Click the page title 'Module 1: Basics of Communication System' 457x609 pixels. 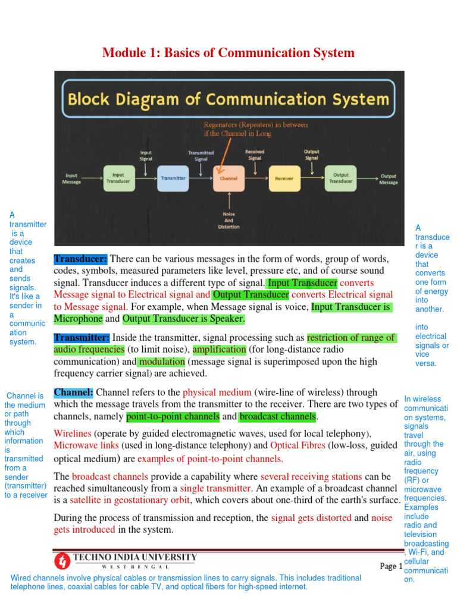tap(228, 53)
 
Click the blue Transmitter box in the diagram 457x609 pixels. tap(173, 178)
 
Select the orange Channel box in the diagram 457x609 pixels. tap(228, 178)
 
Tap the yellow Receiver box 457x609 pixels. tap(284, 178)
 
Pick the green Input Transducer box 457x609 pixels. tap(118, 178)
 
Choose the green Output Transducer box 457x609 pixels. tap(340, 178)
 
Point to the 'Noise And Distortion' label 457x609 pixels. tap(228, 220)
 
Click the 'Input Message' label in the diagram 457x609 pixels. tap(71, 178)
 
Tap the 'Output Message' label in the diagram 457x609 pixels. tap(388, 178)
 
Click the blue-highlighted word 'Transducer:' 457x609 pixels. tap(81, 259)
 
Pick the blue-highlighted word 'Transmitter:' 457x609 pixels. tap(82, 338)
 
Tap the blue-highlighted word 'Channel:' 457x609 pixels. tap(74, 393)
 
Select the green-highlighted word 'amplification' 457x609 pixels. tap(219, 350)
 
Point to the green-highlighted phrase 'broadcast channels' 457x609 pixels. tap(277, 416)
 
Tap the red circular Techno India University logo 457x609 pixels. tap(62, 560)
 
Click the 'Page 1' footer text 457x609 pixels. tap(391, 566)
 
